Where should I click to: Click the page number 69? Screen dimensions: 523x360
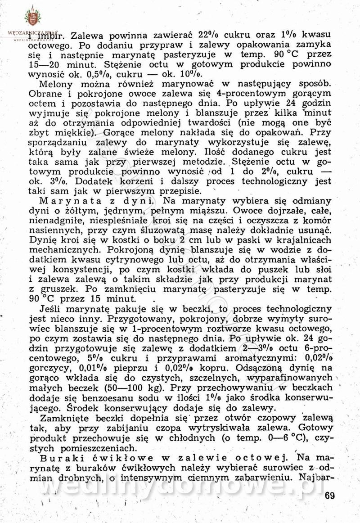[329, 496]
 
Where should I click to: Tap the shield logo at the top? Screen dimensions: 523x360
[32, 18]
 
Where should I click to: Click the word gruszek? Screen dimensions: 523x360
[57, 289]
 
